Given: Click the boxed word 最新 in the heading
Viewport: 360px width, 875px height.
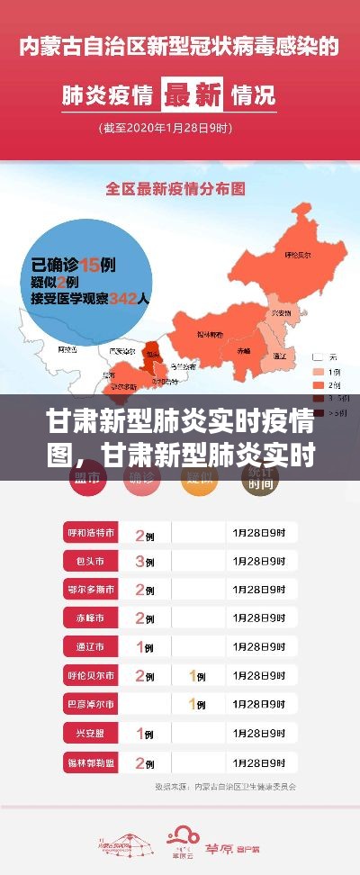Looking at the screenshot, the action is click(193, 94).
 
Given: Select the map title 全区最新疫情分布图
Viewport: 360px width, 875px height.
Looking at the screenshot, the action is click(177, 190).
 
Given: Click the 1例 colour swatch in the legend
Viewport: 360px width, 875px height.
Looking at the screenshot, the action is click(317, 371).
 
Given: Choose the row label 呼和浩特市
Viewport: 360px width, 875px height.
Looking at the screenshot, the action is click(90, 533).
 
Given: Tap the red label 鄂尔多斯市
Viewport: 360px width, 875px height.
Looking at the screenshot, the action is click(90, 589).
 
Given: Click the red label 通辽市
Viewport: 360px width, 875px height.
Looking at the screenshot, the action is click(90, 645).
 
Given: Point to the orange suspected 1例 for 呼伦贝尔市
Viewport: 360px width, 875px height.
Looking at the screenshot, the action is click(197, 674).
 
